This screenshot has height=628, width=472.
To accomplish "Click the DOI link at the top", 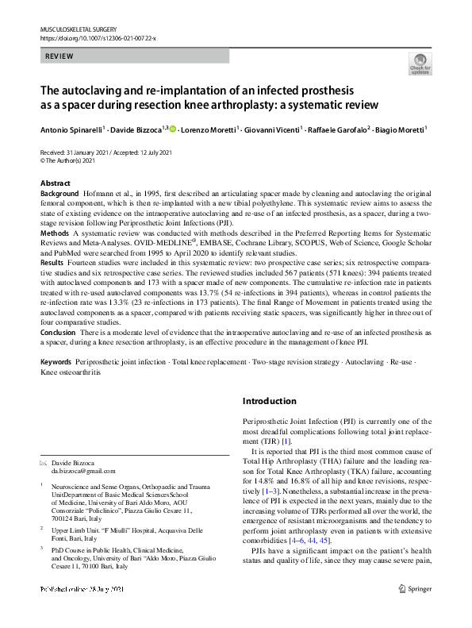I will [98, 37].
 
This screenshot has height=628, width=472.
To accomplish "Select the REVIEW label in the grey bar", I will [61, 56].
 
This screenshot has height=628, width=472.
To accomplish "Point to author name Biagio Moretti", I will [399, 129].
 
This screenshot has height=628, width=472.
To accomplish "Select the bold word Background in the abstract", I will [59, 194].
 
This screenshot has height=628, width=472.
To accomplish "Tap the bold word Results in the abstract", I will [52, 261].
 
